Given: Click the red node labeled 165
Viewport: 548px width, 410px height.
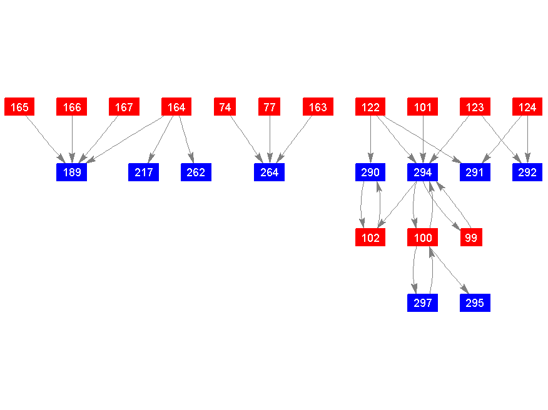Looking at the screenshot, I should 19,107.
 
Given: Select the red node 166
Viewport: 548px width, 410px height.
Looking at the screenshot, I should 72,107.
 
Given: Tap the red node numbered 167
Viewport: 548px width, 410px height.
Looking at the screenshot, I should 124,107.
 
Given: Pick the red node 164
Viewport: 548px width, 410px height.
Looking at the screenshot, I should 176,107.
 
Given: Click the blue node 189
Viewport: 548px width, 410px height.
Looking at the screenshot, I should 72,172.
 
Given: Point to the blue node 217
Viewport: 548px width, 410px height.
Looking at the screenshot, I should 143,172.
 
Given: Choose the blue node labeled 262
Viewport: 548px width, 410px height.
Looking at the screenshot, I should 196,172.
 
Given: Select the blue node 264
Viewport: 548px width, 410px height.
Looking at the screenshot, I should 269,172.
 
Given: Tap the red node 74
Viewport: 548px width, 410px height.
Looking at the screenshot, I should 225,107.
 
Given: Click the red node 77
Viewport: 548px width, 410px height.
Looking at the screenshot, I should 270,107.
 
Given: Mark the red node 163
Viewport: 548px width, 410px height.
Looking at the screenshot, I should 318,107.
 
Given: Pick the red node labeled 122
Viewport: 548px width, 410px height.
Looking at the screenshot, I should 370,107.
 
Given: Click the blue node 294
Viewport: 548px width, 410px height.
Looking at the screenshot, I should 423,172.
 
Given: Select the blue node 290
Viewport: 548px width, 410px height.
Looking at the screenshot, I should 370,172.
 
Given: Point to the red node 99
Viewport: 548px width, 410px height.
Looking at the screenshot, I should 471,237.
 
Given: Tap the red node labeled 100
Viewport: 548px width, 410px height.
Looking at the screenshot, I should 423,237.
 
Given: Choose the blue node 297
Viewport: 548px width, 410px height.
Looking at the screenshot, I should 423,303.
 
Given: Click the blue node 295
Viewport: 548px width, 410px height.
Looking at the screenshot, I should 475,303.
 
